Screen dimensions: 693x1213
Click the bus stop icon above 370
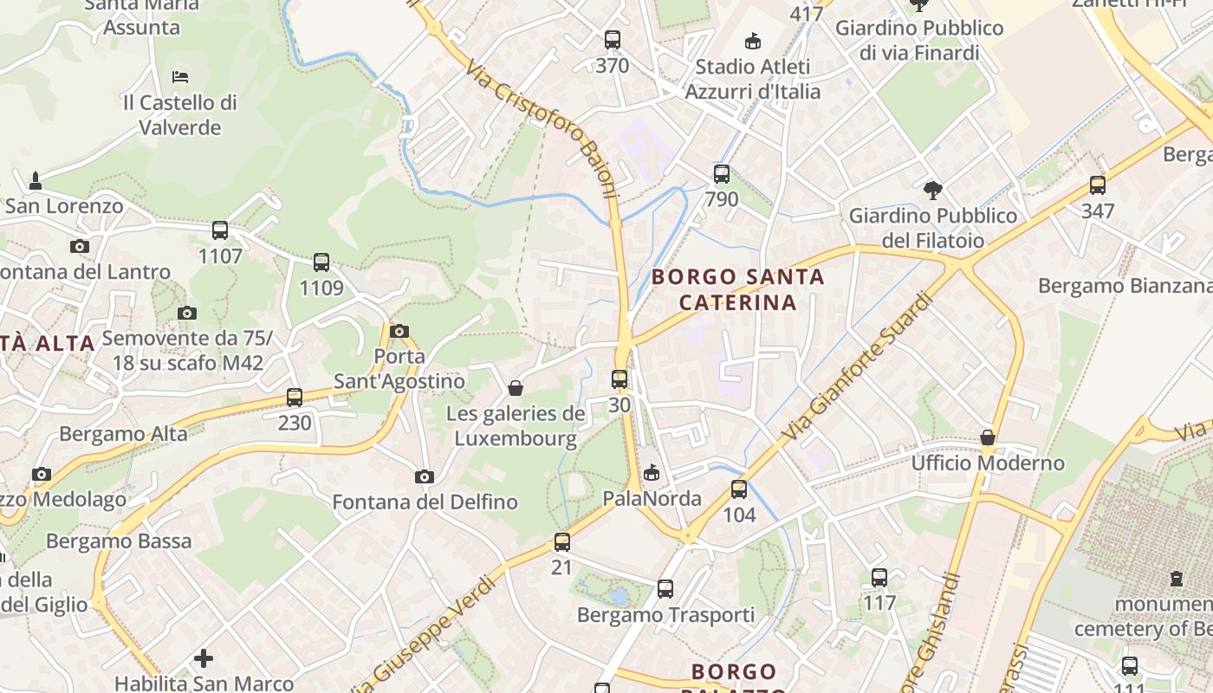click(613, 40)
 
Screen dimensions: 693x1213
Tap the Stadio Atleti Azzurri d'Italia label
click(753, 79)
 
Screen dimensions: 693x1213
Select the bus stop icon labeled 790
click(722, 174)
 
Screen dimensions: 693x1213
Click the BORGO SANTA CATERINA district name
click(737, 289)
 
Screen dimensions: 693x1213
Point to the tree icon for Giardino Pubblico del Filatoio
click(933, 190)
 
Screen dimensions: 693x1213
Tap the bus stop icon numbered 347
click(1098, 185)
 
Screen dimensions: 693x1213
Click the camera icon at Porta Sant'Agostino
click(399, 331)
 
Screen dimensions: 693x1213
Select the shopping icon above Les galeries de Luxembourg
click(516, 388)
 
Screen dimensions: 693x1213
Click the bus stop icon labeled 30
click(619, 379)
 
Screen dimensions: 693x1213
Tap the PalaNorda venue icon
click(652, 472)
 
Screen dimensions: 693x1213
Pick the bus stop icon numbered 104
click(739, 489)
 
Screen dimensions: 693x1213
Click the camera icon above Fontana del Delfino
click(425, 476)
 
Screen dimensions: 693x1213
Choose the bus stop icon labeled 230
click(295, 398)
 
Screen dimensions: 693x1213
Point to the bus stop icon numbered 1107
click(220, 230)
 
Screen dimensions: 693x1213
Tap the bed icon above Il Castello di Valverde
click(180, 77)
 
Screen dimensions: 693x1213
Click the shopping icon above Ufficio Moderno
click(988, 437)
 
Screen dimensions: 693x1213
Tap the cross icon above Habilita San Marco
click(204, 658)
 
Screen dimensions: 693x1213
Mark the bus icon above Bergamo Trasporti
click(665, 589)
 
